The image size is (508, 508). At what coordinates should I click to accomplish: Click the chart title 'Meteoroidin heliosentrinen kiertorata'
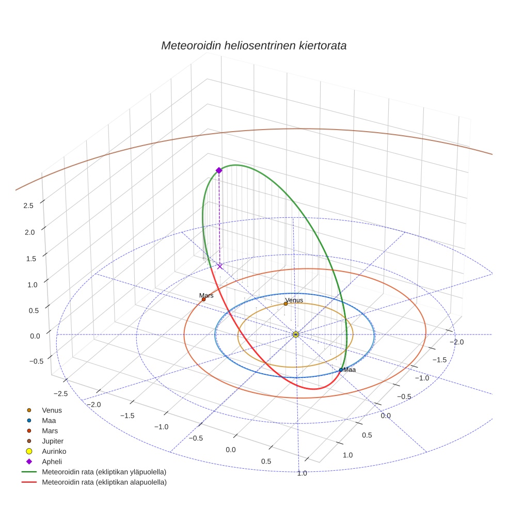(253, 45)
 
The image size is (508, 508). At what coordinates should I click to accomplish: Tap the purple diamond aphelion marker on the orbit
(219, 170)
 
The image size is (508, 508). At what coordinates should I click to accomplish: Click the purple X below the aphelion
(220, 266)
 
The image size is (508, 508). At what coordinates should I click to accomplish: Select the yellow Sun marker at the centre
(296, 335)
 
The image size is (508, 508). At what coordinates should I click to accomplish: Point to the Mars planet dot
(203, 299)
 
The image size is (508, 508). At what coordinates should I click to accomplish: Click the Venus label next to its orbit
(294, 300)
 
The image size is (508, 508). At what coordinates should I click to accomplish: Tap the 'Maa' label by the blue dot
(350, 370)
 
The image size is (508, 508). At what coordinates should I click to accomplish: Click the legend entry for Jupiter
(52, 441)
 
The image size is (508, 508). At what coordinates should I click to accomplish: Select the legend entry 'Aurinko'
(54, 451)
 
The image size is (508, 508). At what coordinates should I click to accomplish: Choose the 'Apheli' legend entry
(52, 462)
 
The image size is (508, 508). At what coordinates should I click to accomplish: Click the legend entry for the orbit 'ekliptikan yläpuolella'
(103, 472)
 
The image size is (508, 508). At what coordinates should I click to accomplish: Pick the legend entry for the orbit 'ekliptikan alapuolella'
(103, 482)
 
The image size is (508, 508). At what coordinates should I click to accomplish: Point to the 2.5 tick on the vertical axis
(28, 205)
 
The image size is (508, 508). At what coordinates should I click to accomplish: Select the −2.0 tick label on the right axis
(457, 342)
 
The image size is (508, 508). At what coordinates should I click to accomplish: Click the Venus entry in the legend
(52, 410)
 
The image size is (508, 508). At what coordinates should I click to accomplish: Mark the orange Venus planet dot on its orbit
(285, 304)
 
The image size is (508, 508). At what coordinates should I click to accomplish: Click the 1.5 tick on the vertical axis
(28, 258)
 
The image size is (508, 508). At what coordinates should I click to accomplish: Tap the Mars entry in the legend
(50, 431)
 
